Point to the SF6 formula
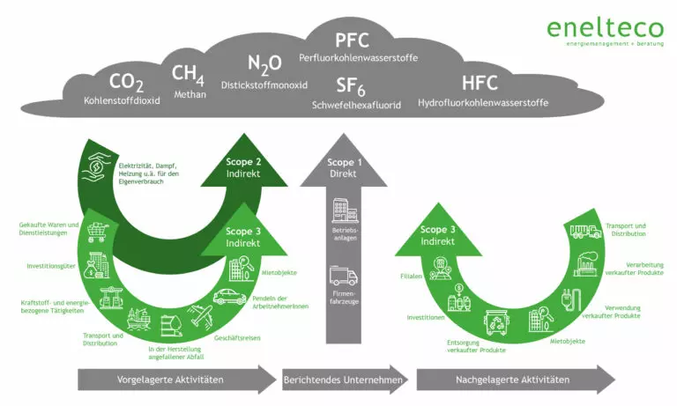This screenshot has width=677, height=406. [355, 86]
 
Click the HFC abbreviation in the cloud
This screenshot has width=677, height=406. [480, 85]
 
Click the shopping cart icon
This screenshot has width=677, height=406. [99, 232]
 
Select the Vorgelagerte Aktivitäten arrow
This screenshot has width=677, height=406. [176, 380]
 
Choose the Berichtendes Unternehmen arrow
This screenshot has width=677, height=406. [345, 380]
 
